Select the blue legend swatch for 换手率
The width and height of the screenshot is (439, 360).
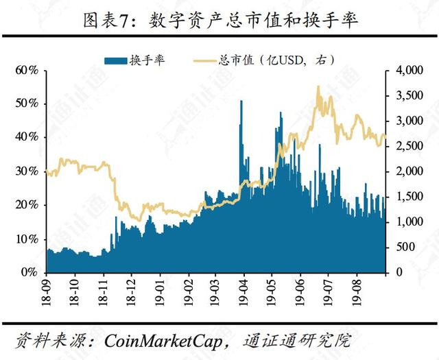116,61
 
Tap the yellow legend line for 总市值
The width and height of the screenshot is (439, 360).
204,61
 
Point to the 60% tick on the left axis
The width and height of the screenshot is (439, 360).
27,70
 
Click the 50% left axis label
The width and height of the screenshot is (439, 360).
27,104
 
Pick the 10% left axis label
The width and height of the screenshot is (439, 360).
27,239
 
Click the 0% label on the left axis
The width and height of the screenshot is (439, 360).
29,272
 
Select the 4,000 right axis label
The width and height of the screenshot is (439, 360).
410,70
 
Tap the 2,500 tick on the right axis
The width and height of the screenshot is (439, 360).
410,146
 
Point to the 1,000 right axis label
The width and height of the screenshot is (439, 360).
410,222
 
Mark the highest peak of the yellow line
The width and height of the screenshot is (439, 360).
318,86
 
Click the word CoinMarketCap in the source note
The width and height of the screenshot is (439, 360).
163,341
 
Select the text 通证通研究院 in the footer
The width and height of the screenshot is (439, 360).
297,340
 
